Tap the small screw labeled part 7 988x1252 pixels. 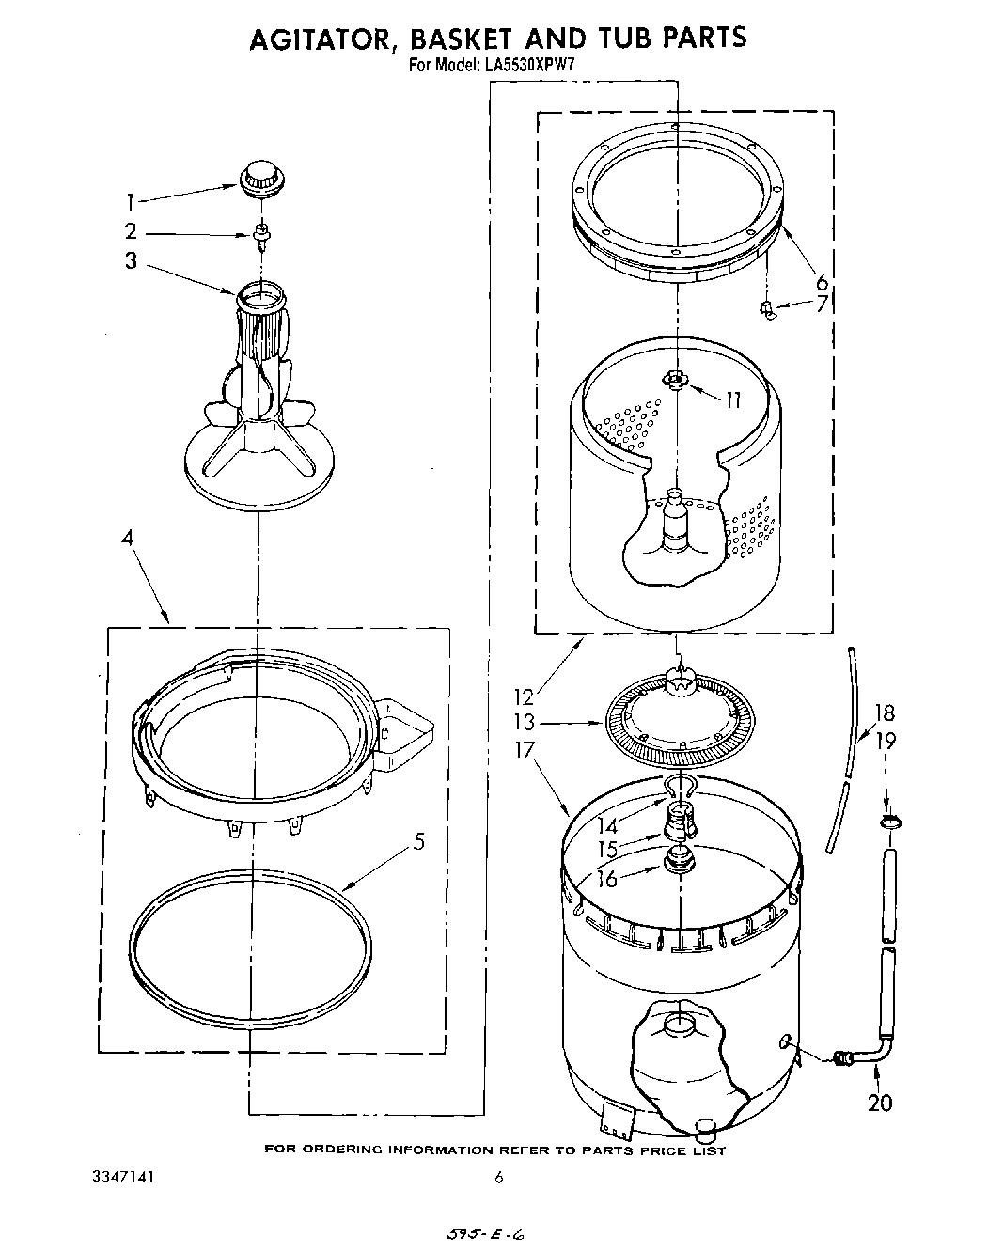(768, 308)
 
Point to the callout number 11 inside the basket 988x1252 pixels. (732, 399)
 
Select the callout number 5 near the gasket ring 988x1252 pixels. (418, 841)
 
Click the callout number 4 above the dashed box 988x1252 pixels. (129, 539)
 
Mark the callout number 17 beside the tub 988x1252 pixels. (525, 750)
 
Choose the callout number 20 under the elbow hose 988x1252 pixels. (880, 1102)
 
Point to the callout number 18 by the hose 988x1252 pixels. (885, 712)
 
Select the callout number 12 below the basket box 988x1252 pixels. (524, 696)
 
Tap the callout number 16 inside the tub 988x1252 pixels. (608, 878)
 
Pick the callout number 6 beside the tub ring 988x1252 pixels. (822, 281)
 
